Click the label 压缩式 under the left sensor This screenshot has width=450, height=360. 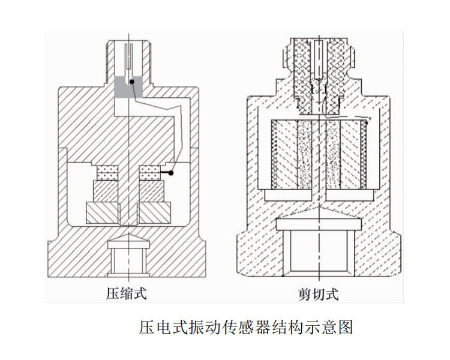point(127,293)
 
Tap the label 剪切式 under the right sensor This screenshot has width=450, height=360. point(318,293)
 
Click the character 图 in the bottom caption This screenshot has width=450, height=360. point(345,327)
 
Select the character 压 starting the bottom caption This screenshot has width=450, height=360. point(146,327)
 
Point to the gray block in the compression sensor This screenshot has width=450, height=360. point(128,86)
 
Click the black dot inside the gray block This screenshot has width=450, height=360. point(132,82)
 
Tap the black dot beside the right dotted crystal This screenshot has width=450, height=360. point(171,173)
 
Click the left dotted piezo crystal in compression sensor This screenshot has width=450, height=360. point(107,173)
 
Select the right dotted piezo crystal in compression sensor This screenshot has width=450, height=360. point(150,173)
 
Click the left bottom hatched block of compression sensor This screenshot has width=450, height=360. point(102,213)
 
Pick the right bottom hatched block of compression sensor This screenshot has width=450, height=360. point(155,213)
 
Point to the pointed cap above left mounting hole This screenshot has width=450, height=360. point(128,241)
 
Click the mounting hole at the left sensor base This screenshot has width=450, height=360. point(128,260)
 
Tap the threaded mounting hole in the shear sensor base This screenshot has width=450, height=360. point(319,253)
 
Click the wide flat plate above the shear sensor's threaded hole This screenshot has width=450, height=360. point(319,224)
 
